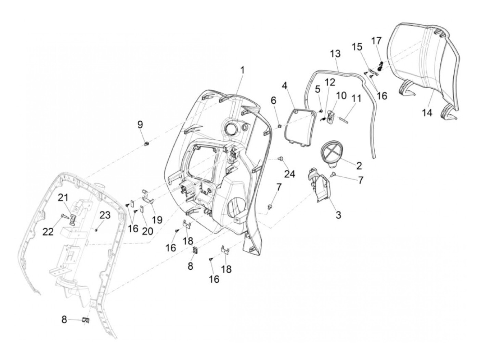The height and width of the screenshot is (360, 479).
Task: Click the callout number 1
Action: click(242, 71)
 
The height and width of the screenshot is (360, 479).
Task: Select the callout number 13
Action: click(336, 54)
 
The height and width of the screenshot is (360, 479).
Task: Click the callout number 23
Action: click(105, 215)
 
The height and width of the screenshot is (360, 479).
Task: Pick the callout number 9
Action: click(140, 124)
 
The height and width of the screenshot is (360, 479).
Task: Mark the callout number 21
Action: click(63, 197)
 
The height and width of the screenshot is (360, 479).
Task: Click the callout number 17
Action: click(376, 41)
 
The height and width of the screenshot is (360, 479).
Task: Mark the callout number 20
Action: click(147, 231)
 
